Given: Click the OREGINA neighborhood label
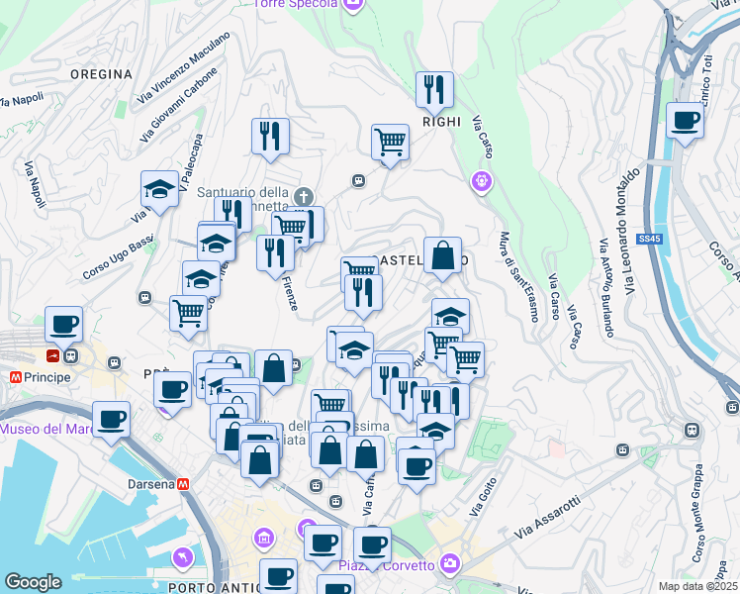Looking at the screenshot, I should (101, 74).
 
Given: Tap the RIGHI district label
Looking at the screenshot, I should (441, 122).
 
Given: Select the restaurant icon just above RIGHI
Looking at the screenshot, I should (434, 91).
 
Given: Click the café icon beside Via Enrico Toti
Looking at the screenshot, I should (685, 122).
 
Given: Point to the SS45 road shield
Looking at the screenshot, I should (648, 239).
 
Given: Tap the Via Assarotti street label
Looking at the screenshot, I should (547, 518).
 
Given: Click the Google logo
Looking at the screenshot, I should (33, 582).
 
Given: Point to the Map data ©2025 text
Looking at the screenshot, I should (697, 586).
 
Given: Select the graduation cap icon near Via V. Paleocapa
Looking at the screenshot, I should (159, 188).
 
